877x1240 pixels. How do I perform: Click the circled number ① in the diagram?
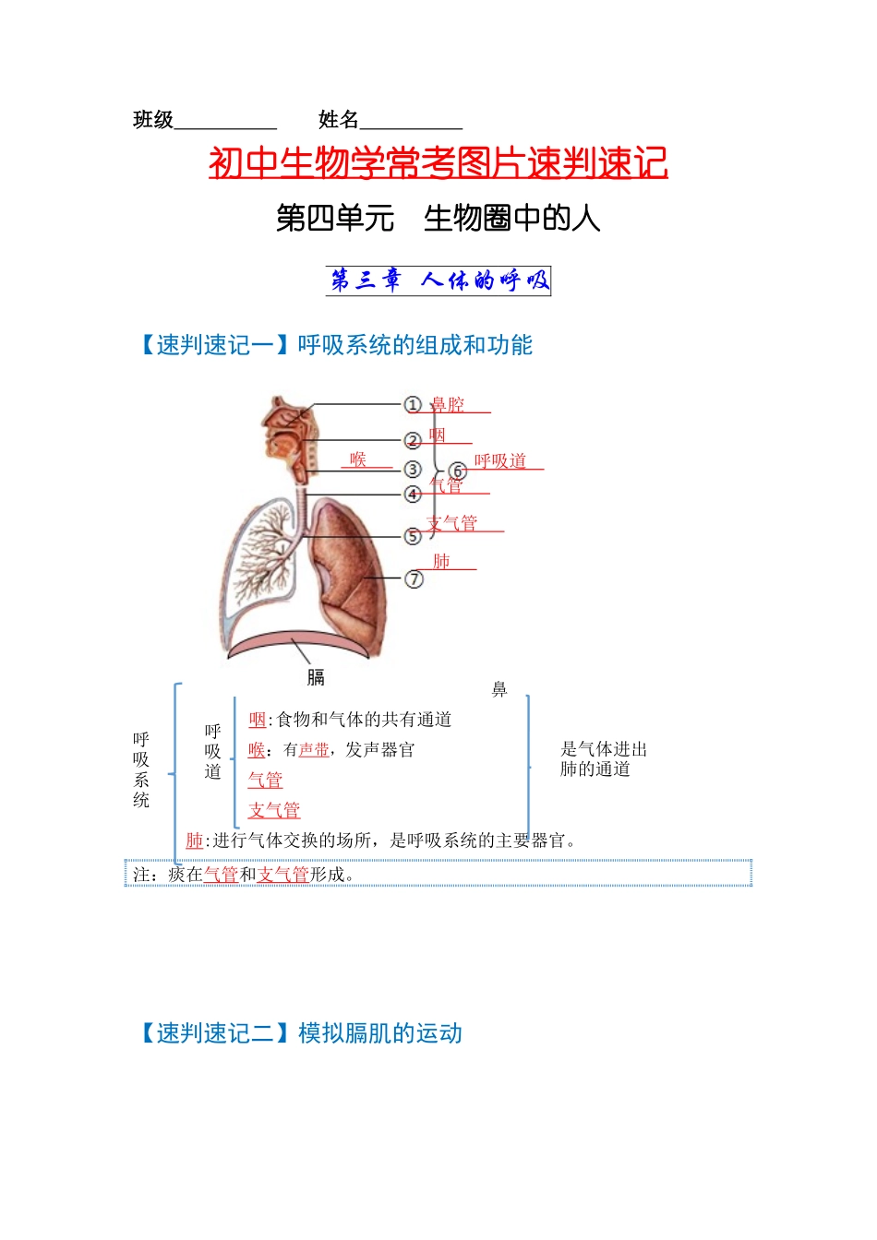tap(412, 405)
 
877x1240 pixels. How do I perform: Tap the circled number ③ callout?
tap(413, 470)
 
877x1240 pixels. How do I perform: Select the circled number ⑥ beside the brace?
tap(458, 471)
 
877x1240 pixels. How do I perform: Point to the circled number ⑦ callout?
tap(414, 579)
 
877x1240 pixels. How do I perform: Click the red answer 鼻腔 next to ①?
tap(448, 405)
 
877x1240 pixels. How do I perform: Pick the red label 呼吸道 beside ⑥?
tap(499, 460)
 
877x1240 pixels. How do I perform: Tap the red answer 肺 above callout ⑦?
tap(441, 561)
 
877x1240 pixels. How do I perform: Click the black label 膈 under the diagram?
tap(316, 677)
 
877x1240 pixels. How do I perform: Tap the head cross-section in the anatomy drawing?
tap(291, 438)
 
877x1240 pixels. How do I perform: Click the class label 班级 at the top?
tap(153, 120)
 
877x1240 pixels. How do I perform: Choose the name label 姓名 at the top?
tap(339, 120)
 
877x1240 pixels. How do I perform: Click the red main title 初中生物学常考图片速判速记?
tap(438, 162)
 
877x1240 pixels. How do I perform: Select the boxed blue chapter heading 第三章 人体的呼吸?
tap(438, 280)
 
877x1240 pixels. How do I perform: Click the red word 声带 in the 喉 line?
tap(314, 749)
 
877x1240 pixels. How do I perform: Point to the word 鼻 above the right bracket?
tap(499, 689)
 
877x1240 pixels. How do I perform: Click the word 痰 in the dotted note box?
tap(176, 875)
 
